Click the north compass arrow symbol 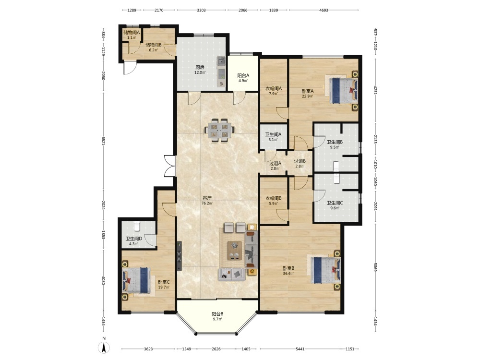(104, 348)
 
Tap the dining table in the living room (220, 131)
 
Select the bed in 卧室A (343, 91)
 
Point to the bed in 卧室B (325, 270)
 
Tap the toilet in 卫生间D (137, 226)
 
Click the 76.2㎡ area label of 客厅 (207, 203)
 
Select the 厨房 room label (200, 67)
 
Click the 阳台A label (243, 75)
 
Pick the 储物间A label (132, 32)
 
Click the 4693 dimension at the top (324, 10)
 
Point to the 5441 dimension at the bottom (300, 348)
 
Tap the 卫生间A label (274, 134)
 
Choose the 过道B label (300, 161)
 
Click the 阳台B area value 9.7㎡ (217, 319)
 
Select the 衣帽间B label (274, 198)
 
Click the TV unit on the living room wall (180, 256)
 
